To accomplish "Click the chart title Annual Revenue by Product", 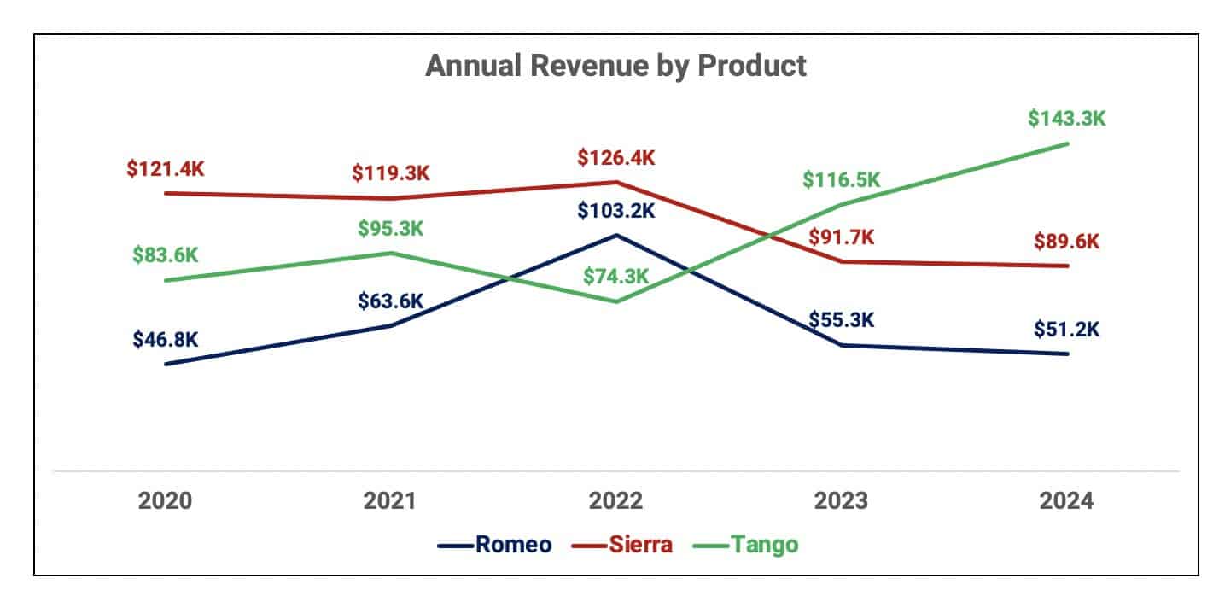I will pyautogui.click(x=615, y=66).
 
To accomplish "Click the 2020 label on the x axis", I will pyautogui.click(x=165, y=500).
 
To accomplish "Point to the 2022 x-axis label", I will pyautogui.click(x=615, y=500).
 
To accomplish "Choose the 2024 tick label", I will pyautogui.click(x=1067, y=500).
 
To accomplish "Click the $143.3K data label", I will pyautogui.click(x=1066, y=119).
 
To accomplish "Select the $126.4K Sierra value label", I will pyautogui.click(x=615, y=158).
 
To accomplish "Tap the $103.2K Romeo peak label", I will pyautogui.click(x=615, y=210).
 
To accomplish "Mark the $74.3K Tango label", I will pyautogui.click(x=615, y=277).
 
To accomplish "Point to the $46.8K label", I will pyautogui.click(x=165, y=339).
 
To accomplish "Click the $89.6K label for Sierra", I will pyautogui.click(x=1066, y=242).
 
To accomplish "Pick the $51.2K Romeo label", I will pyautogui.click(x=1066, y=329).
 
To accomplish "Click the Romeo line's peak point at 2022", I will pyautogui.click(x=615, y=235).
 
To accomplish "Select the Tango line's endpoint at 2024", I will pyautogui.click(x=1067, y=143).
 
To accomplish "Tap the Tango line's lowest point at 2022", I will pyautogui.click(x=615, y=301).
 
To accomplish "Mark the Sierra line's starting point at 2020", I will pyautogui.click(x=165, y=193).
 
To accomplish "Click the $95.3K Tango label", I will pyautogui.click(x=390, y=229).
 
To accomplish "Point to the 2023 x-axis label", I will pyautogui.click(x=841, y=500).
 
